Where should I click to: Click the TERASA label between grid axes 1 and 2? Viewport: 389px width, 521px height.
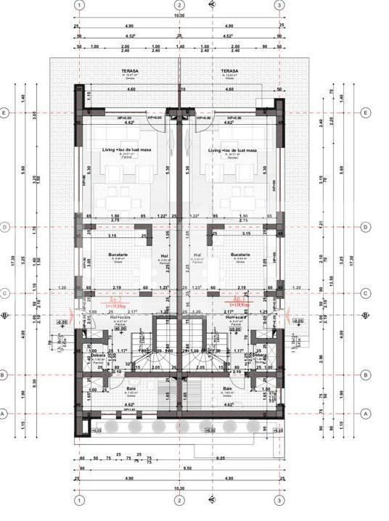130,72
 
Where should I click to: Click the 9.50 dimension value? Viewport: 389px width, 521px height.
179,469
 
